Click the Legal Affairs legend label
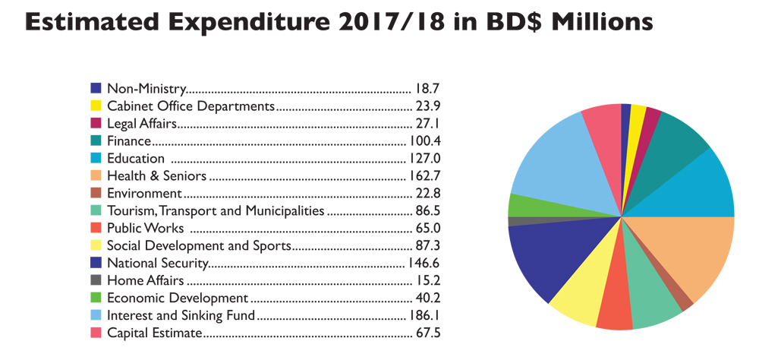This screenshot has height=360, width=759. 142,124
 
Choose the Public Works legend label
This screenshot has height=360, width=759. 145,229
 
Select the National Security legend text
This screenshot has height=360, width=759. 157,264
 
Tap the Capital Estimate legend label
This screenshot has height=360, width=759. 154,333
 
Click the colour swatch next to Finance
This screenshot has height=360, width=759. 96,141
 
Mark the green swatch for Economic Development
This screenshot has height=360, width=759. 96,298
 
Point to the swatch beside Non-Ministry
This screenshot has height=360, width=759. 96,89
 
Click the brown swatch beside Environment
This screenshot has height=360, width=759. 96,194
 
